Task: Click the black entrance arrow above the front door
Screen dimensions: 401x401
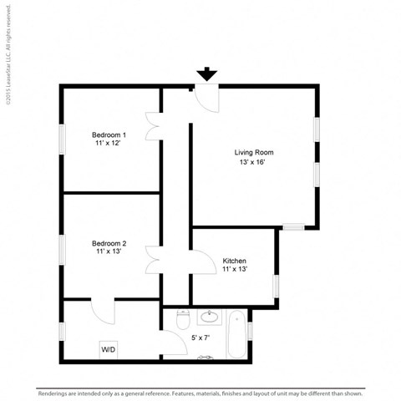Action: (x=206, y=74)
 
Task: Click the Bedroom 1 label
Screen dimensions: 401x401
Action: (x=109, y=135)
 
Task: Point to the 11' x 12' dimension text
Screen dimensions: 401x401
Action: (x=109, y=144)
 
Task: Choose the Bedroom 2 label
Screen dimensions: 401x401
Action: (x=109, y=243)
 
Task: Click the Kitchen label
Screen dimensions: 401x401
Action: (x=234, y=261)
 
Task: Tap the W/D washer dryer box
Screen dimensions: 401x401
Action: (x=109, y=349)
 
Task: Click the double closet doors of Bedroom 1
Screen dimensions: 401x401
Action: (x=152, y=126)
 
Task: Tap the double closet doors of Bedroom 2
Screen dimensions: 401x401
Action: (x=152, y=260)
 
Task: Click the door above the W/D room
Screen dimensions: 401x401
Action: (x=103, y=311)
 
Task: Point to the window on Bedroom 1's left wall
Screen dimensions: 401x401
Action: (x=61, y=138)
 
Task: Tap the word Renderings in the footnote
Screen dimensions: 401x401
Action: (x=55, y=391)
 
